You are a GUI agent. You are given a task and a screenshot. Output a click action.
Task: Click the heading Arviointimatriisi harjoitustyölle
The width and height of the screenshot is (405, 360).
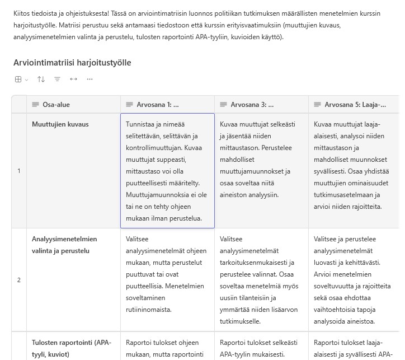[72, 62]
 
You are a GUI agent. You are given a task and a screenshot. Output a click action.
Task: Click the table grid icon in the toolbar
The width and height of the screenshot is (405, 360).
[18, 80]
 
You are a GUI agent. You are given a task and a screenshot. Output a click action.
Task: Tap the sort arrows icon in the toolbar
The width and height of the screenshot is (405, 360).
[41, 80]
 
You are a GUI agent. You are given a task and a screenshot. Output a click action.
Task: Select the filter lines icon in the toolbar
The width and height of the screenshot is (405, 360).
[57, 80]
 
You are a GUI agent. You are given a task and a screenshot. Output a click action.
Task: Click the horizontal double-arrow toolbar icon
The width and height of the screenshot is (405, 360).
[73, 80]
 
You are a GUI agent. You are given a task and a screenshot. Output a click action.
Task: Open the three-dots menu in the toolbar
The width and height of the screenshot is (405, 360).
[90, 80]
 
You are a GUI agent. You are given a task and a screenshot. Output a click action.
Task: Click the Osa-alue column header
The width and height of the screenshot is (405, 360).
[56, 104]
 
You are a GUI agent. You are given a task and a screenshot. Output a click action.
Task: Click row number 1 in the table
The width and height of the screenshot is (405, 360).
[18, 171]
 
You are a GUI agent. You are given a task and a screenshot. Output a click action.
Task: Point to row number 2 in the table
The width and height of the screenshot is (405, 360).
[18, 280]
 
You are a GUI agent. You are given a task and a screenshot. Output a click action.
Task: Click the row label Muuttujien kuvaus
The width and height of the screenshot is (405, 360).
[60, 124]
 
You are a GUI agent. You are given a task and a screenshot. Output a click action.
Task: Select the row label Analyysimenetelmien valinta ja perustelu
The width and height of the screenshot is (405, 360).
[64, 245]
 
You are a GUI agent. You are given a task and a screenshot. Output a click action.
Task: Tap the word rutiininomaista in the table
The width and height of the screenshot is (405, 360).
[148, 310]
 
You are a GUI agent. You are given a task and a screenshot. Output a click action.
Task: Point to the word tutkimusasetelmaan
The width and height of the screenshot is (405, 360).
[344, 195]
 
